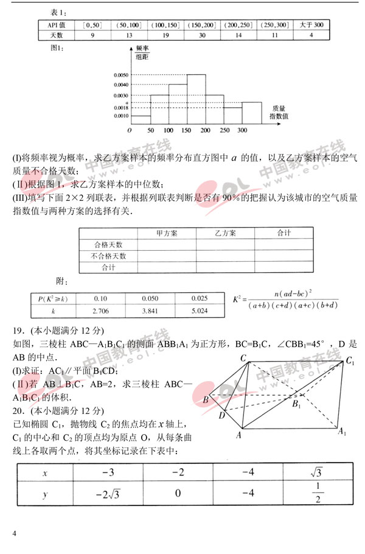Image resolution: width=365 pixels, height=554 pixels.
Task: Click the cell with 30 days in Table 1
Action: (x=202, y=35)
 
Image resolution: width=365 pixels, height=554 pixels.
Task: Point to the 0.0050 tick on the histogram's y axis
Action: (x=121, y=75)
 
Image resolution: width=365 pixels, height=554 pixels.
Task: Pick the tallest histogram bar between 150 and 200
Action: (x=196, y=99)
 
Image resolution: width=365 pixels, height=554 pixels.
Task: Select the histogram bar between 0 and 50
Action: (x=141, y=119)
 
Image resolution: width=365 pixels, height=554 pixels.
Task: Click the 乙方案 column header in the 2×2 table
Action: (x=225, y=233)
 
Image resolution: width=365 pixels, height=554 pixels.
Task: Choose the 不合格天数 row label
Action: (x=108, y=256)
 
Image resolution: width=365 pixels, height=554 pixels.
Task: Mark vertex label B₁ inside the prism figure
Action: (x=296, y=404)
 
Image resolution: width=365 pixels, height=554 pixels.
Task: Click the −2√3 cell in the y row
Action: (x=109, y=493)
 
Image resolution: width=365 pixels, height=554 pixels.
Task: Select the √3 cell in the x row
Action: (x=318, y=472)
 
